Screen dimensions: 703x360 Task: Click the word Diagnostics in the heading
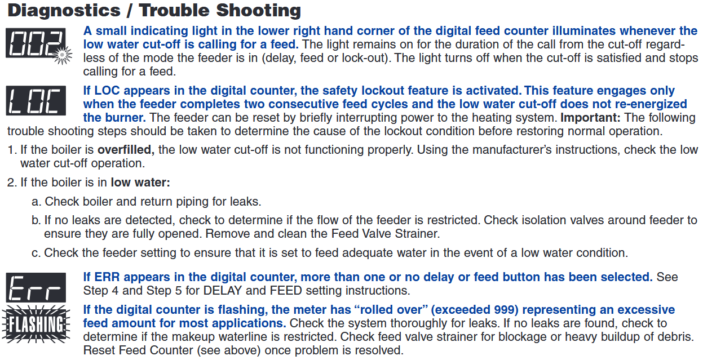[x=64, y=11]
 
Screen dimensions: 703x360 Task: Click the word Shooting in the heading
[x=258, y=11]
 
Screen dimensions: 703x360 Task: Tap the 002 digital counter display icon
[x=36, y=43]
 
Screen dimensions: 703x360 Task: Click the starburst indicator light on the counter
[x=62, y=55]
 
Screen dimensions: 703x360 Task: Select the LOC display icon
[x=36, y=101]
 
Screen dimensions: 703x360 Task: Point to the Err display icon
[x=36, y=287]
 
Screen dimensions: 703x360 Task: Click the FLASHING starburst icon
[x=36, y=324]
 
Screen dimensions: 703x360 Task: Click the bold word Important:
[x=590, y=118]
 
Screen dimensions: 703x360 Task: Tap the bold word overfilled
[x=126, y=150]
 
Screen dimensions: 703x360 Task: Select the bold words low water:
[x=140, y=182]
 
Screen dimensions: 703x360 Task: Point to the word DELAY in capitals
[x=223, y=290]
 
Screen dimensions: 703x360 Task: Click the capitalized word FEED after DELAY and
[x=286, y=290]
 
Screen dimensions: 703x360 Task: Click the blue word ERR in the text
[x=107, y=277]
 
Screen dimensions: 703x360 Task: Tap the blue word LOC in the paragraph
[x=107, y=90]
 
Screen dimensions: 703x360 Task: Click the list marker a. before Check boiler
[x=37, y=202]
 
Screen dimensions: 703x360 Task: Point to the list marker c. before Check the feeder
[x=36, y=253]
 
